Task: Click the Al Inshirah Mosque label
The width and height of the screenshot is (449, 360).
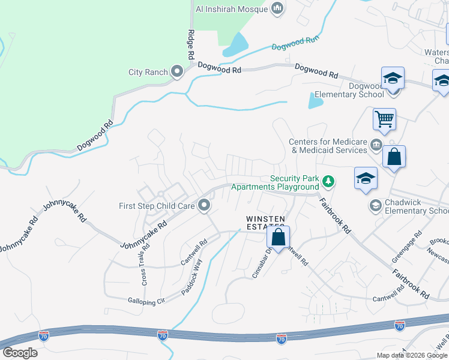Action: click(x=233, y=8)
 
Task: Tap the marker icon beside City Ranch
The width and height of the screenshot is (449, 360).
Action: click(x=177, y=73)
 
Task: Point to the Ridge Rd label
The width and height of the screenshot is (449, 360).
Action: click(x=191, y=44)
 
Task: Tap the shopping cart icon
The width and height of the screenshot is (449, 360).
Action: click(x=384, y=118)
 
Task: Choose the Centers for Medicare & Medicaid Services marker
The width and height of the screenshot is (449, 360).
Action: click(x=376, y=144)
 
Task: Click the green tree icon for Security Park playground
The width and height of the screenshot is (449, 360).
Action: click(x=328, y=181)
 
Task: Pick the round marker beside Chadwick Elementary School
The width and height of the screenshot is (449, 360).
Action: click(x=375, y=206)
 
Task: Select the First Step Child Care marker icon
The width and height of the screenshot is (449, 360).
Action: click(x=204, y=206)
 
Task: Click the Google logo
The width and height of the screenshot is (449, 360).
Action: click(x=20, y=353)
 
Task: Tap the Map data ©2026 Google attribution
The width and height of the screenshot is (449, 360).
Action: click(x=412, y=355)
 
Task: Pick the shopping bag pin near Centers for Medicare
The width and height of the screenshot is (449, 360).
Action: click(x=394, y=157)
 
